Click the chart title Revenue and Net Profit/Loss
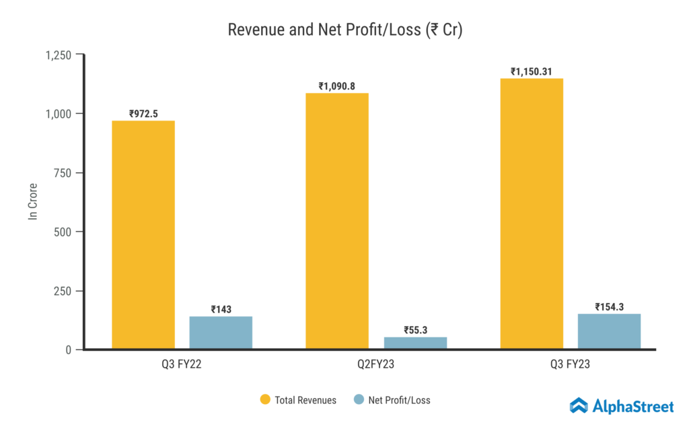[344, 30]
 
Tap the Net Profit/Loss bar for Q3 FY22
[221, 332]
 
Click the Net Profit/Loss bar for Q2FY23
[415, 343]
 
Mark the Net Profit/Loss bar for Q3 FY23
[609, 331]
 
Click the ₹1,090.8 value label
[337, 86]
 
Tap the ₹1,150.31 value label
[532, 71]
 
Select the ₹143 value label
[221, 310]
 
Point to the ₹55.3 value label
[415, 330]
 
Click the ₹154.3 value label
[609, 307]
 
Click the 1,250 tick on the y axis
[58, 55]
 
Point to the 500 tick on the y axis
[64, 232]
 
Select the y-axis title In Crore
[32, 202]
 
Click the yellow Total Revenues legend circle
[265, 400]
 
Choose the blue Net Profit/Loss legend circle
[359, 400]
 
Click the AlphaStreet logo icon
[579, 405]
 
